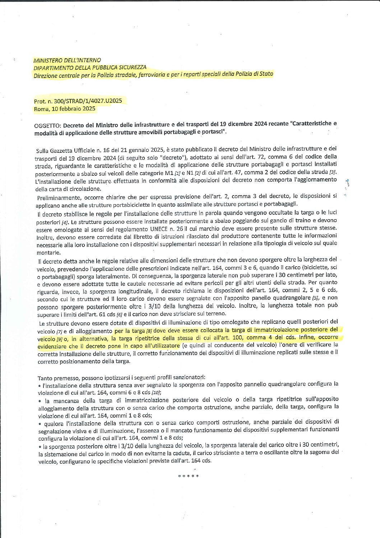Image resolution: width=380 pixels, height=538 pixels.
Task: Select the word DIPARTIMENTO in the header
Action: [51, 67]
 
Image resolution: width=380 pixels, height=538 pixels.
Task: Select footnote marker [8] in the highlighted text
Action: [149, 331]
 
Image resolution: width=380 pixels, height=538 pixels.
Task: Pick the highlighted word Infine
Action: [306, 337]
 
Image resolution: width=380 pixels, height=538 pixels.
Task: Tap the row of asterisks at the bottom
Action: [188, 477]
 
